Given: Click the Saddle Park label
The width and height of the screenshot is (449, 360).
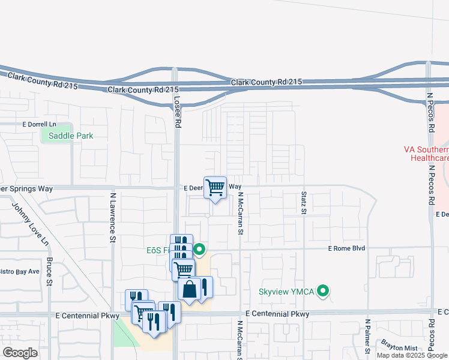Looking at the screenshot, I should pyautogui.click(x=71, y=136).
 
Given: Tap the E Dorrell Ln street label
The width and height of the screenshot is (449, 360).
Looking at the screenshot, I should pyautogui.click(x=39, y=124).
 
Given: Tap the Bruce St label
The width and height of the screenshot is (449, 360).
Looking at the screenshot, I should pyautogui.click(x=50, y=271).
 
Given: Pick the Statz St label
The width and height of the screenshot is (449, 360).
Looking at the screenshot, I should pyautogui.click(x=304, y=203).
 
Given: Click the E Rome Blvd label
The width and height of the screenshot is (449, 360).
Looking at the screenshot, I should pyautogui.click(x=348, y=248).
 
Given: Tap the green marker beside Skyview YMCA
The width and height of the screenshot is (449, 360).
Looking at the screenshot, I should pyautogui.click(x=324, y=292).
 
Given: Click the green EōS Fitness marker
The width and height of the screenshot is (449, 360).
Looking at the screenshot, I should pyautogui.click(x=200, y=250).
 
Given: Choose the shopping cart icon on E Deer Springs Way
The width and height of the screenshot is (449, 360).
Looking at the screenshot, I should pyautogui.click(x=215, y=187).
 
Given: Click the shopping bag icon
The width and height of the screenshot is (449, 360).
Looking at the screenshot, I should pyautogui.click(x=189, y=290).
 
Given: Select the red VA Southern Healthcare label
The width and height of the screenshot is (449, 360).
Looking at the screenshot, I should pyautogui.click(x=427, y=154).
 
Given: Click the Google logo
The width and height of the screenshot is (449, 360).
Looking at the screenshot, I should pyautogui.click(x=20, y=353).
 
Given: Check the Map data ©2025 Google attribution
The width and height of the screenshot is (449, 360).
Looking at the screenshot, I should pyautogui.click(x=412, y=355).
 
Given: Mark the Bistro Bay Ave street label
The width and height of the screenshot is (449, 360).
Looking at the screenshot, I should pyautogui.click(x=20, y=272).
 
